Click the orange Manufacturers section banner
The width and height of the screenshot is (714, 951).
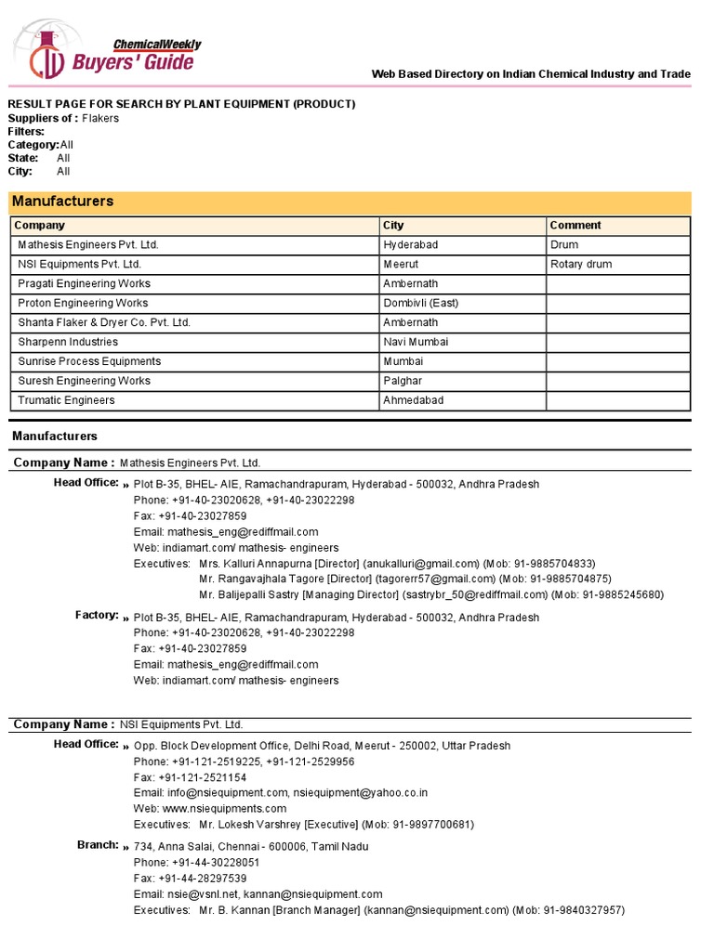click(x=350, y=202)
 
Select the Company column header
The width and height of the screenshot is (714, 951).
click(x=40, y=225)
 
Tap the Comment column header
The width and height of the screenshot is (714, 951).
click(x=575, y=225)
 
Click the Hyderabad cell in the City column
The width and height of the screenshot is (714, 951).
click(x=410, y=244)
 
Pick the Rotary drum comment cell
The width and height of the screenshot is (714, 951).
click(x=581, y=264)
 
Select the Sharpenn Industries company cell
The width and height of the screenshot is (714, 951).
click(x=68, y=342)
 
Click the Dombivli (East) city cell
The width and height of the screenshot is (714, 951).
click(x=420, y=303)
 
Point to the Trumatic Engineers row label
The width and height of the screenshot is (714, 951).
click(x=66, y=400)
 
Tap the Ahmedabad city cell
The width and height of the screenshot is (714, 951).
click(x=413, y=400)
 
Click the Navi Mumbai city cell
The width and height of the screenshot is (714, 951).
click(x=416, y=342)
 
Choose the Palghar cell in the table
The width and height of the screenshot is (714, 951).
click(x=403, y=381)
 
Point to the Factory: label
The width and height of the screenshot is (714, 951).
click(x=97, y=615)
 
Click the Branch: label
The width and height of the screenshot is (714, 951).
click(x=98, y=845)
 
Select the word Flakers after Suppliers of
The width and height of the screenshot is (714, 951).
click(x=100, y=119)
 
